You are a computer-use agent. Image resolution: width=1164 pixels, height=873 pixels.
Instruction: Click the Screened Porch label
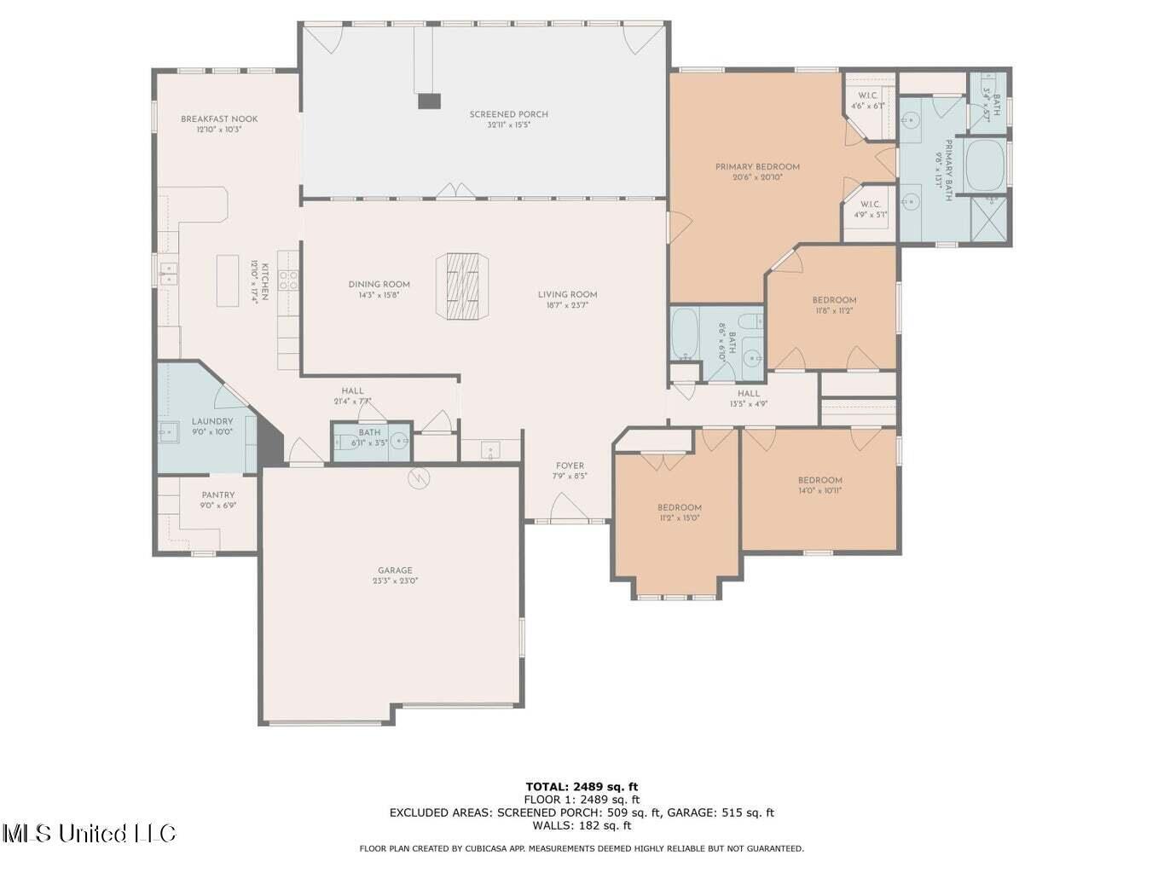point(508,114)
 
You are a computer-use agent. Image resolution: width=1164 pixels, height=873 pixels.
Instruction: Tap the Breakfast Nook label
point(219,119)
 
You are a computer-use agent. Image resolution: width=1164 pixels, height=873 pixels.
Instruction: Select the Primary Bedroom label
point(757,167)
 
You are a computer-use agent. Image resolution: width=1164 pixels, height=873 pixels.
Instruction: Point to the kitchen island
point(228,280)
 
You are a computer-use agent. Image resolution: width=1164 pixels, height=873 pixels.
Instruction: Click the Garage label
point(395,570)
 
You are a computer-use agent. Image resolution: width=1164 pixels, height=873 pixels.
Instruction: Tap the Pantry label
point(217,495)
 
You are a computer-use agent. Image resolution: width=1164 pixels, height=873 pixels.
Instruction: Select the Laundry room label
point(211,421)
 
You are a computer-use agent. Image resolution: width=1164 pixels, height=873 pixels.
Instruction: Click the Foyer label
point(570,465)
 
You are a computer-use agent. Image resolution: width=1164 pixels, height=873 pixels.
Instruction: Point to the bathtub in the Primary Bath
point(986,163)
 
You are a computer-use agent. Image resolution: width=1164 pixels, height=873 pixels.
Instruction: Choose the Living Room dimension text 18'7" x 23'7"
point(567,305)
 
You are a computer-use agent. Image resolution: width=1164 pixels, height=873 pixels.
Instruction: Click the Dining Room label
point(379,285)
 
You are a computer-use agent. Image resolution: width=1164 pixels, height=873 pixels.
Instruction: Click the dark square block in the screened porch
point(429,101)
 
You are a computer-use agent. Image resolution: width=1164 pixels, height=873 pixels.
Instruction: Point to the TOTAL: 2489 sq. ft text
point(582,787)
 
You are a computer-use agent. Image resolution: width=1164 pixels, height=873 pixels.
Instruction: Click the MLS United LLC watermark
point(89,833)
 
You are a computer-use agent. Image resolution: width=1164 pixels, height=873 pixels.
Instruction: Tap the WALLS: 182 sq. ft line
point(582,825)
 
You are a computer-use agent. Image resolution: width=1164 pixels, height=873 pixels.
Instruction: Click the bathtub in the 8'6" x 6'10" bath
point(685,334)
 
